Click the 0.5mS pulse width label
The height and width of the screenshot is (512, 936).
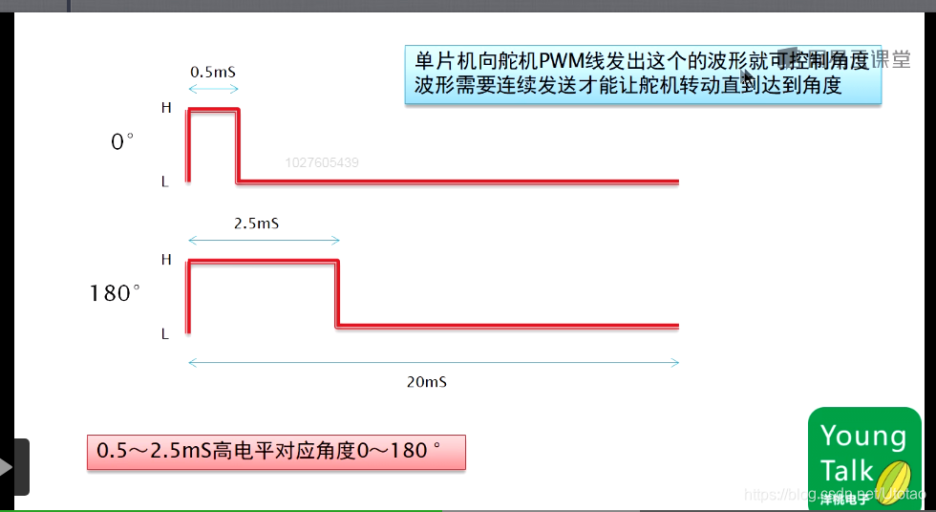(x=212, y=72)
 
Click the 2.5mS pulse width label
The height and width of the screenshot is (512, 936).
(x=256, y=223)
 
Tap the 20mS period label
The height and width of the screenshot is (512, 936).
(x=426, y=381)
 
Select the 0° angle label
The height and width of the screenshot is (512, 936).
(x=122, y=142)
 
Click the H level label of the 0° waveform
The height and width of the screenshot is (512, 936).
(x=166, y=108)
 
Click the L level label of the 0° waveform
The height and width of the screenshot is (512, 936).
(x=165, y=181)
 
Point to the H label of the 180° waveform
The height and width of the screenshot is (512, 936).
(x=166, y=259)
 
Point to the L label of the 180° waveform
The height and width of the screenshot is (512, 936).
(x=165, y=334)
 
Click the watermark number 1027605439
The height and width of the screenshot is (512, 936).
(x=322, y=163)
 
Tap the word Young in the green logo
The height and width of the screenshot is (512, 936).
(x=862, y=437)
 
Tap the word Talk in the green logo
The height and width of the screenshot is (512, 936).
(x=846, y=470)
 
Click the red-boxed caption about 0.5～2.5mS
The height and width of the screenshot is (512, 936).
(x=276, y=452)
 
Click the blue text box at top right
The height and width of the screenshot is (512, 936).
(x=642, y=74)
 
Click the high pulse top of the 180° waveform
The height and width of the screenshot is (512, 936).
(x=264, y=261)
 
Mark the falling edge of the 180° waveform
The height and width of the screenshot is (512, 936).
(x=337, y=293)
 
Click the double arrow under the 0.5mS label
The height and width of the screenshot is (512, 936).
(x=213, y=89)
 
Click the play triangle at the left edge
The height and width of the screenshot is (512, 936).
(x=7, y=467)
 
